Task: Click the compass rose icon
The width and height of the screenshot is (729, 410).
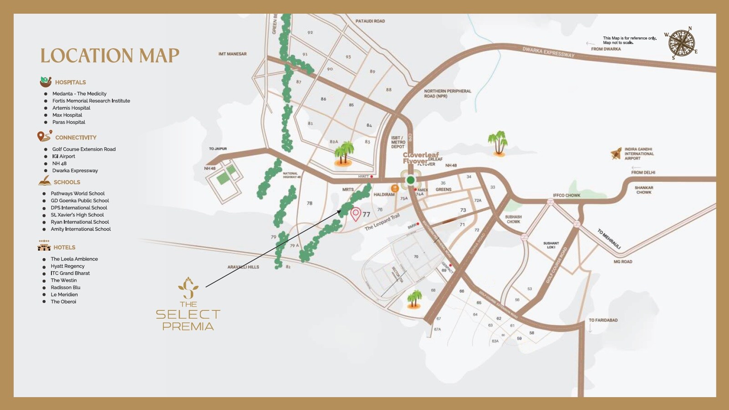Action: pos(681,44)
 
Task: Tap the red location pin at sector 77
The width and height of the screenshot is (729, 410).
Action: pos(356,213)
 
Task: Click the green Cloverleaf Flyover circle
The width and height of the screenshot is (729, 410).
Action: pos(410,180)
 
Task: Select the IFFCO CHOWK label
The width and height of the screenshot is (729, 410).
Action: pos(566,195)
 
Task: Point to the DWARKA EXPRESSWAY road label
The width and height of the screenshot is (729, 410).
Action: pos(548,52)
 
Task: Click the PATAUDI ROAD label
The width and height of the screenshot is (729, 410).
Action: pos(370,21)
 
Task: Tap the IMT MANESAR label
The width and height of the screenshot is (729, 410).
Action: pos(232,54)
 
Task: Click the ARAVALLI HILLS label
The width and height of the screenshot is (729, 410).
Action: pos(243,267)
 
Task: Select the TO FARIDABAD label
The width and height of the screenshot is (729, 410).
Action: pos(603,320)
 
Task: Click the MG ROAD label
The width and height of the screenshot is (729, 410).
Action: pos(622,261)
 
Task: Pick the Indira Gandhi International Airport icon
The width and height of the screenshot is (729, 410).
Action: pos(616,154)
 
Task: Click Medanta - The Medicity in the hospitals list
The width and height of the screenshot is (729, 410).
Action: pos(79,94)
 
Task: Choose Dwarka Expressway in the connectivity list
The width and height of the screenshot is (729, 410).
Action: pos(75,171)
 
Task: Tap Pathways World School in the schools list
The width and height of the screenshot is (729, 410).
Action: pos(77,194)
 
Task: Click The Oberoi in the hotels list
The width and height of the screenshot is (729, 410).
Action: pos(63,302)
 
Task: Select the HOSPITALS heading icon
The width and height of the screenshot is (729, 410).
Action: pos(46,82)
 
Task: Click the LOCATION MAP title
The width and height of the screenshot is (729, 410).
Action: pos(110,56)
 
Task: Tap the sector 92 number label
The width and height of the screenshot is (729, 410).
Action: pos(310,33)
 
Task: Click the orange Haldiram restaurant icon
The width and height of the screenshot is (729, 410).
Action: pos(395,188)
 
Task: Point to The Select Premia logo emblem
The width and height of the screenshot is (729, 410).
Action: pos(188,287)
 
